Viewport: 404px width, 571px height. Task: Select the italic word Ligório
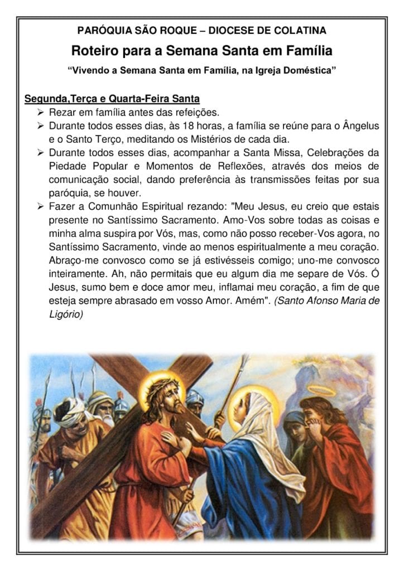(x=66, y=314)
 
